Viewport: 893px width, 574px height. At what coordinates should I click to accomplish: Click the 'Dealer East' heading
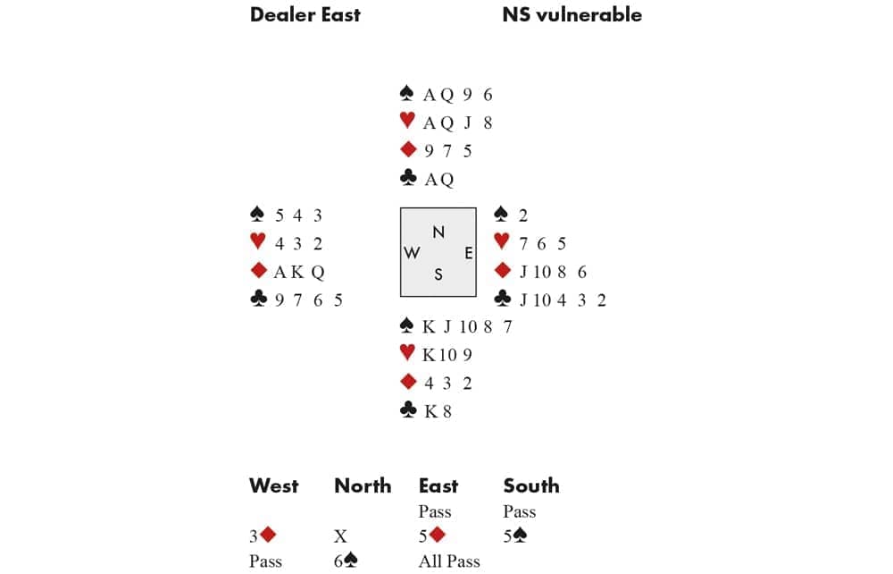click(x=305, y=15)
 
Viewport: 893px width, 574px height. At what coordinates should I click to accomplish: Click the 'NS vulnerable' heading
click(x=572, y=15)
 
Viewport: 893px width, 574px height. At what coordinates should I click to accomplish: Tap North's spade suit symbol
click(x=406, y=93)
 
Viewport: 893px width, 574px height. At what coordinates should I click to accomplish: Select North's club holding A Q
click(x=439, y=180)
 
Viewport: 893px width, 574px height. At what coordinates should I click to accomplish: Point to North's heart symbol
click(x=407, y=121)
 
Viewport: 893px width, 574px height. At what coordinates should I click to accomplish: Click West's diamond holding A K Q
click(x=299, y=272)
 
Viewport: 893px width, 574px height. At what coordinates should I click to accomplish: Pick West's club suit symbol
click(x=259, y=299)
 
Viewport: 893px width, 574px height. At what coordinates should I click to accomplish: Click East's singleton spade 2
click(x=522, y=215)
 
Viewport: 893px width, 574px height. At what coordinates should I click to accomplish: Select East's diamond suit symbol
click(x=502, y=270)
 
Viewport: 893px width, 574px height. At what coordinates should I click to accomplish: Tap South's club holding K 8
click(x=438, y=411)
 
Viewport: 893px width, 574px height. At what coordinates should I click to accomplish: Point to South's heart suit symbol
click(x=407, y=352)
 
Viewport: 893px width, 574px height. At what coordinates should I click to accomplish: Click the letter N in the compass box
click(x=438, y=232)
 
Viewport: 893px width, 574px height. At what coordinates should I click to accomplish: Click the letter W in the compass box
click(x=412, y=252)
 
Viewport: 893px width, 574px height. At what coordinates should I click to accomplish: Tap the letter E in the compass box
click(x=468, y=252)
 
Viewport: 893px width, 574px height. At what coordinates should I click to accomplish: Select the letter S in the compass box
click(x=438, y=274)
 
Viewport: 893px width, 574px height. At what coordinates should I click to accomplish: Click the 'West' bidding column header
click(x=274, y=485)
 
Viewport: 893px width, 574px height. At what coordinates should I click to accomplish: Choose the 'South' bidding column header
click(x=530, y=485)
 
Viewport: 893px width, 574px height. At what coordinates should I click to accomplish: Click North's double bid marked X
click(x=340, y=536)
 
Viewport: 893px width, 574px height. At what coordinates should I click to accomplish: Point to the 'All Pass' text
click(x=449, y=561)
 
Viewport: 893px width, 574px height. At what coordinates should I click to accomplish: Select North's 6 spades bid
click(x=346, y=561)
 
